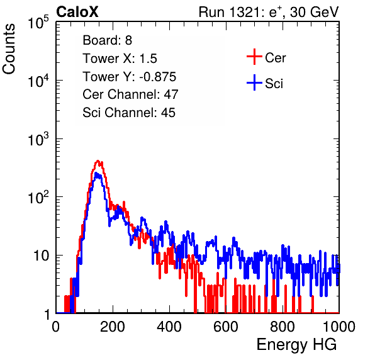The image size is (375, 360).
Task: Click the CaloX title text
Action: (77, 12)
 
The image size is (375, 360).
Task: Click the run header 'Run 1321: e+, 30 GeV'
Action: (269, 12)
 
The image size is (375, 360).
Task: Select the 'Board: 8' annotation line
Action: (107, 40)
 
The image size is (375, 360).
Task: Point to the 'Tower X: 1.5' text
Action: (120, 59)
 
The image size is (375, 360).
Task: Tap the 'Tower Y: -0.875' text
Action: (130, 77)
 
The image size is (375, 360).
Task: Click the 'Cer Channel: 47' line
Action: (130, 94)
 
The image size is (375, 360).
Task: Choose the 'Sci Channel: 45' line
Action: (129, 113)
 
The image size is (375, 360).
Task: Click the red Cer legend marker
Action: (254, 57)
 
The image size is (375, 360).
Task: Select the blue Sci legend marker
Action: (254, 82)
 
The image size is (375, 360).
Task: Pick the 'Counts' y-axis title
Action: (9, 49)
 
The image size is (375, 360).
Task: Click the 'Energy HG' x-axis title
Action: (296, 345)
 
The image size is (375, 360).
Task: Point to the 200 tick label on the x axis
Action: (113, 327)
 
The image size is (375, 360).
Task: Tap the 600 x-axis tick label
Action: (226, 327)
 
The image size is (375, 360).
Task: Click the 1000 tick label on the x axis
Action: (339, 327)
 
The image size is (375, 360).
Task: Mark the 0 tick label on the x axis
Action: (56, 327)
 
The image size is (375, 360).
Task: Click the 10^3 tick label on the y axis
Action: (38, 139)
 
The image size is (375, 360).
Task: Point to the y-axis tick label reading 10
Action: (42, 256)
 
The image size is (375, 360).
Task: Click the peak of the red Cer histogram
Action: (98, 161)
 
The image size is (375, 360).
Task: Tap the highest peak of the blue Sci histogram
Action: (96, 173)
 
